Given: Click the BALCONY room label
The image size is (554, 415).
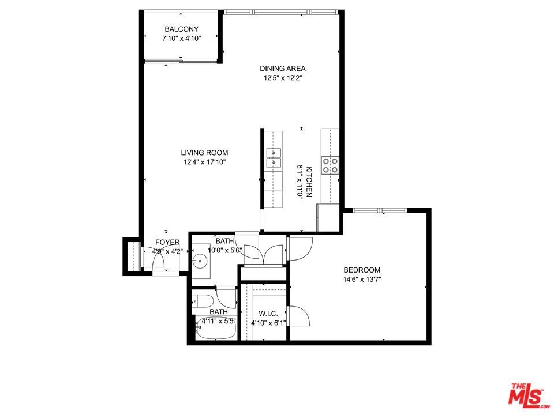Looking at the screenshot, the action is point(182,29).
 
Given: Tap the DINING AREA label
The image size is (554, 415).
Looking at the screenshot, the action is point(283,69).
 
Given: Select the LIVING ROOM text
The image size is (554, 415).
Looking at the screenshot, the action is point(204,153).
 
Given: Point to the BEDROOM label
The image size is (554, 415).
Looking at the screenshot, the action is point(362,270).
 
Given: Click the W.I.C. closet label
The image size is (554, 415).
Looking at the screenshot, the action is point(268,314).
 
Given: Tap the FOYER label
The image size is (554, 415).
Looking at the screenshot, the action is point(167,243).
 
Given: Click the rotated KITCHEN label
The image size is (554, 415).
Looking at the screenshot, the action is point(309,182).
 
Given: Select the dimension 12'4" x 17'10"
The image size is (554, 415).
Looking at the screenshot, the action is point(204,163).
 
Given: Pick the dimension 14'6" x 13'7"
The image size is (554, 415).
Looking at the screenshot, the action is point(362,280).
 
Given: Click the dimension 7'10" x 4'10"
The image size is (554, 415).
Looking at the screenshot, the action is point(182,39).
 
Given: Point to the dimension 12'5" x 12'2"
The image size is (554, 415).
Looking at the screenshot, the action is point(283,78).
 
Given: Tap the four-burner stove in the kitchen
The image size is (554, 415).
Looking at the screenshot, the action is point(330,165).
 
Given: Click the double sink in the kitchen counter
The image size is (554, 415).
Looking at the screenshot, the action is point(274,158).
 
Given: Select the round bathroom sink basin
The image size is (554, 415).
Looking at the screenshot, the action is point(200,261).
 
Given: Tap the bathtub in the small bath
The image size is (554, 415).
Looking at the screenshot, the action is point(216,328).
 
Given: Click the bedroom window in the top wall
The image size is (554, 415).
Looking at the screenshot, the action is point(380,210).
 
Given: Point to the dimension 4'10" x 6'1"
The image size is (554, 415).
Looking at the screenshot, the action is point(268,323).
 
